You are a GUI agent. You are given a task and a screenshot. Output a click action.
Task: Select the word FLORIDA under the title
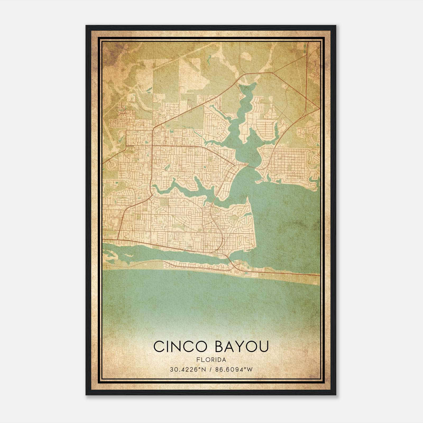(211, 360)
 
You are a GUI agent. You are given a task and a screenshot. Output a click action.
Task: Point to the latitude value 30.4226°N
(187, 370)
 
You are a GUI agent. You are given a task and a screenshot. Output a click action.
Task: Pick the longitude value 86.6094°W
(234, 370)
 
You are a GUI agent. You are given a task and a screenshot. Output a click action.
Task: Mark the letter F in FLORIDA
(198, 360)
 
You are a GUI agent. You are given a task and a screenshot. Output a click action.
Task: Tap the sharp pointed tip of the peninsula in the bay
(247, 197)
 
